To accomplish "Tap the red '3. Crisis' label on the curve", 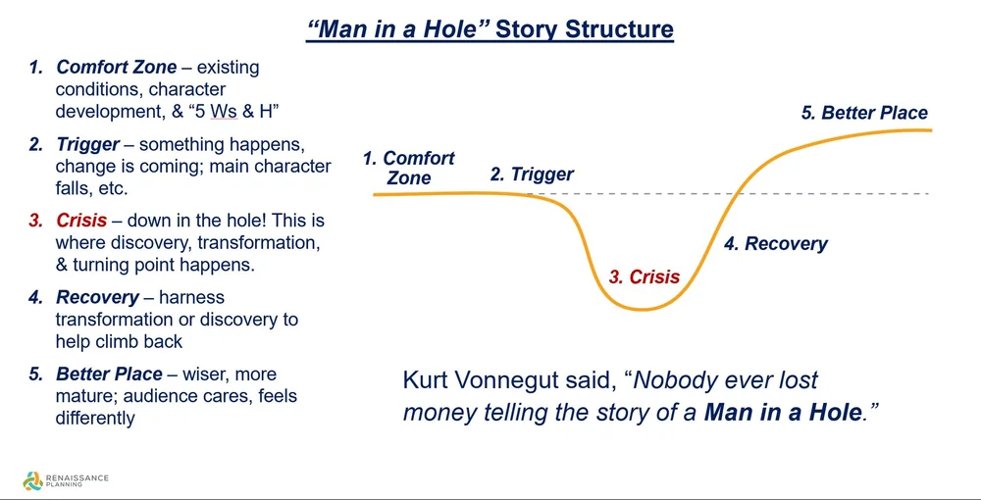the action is (x=645, y=277).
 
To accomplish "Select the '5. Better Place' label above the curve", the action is (x=864, y=113).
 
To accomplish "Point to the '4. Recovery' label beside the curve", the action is (x=776, y=244).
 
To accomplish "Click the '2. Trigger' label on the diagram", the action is (x=532, y=175).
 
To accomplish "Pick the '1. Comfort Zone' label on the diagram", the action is (x=409, y=168).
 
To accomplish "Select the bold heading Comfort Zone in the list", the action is (x=117, y=68).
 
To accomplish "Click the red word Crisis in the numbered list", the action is (x=81, y=221).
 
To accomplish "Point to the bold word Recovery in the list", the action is (x=98, y=297).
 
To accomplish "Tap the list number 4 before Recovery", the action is (x=36, y=297).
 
